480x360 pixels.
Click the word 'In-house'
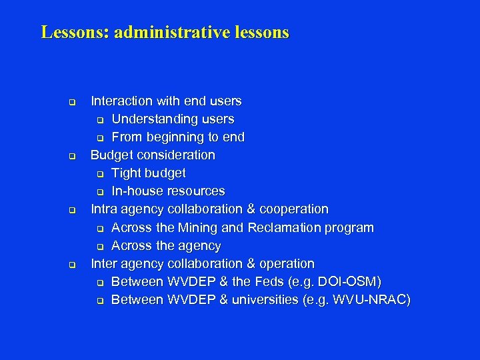[137, 191]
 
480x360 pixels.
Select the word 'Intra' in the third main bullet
[105, 209]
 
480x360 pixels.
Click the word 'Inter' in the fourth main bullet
[105, 263]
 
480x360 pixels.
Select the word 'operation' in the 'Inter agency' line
[285, 263]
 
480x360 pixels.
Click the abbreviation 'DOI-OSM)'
[352, 281]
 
